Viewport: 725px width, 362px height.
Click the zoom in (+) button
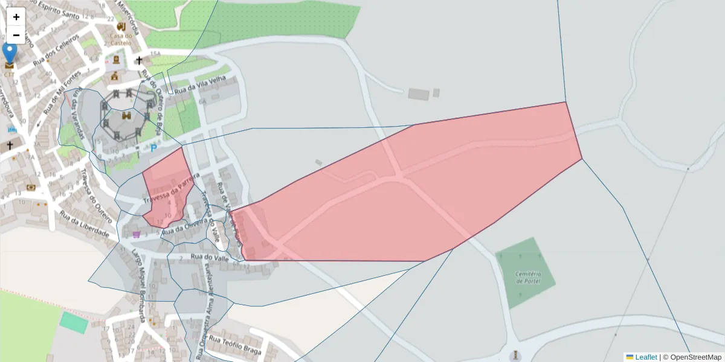tap(16, 17)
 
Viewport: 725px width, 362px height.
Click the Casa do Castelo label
tap(121, 39)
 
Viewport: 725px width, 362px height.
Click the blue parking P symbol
tap(153, 147)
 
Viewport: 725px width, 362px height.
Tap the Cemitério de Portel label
tap(527, 278)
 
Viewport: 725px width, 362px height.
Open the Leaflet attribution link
tap(645, 357)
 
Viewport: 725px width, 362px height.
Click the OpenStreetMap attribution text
tap(692, 357)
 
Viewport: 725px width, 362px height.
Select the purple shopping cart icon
tap(137, 234)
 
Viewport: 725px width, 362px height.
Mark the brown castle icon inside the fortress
tap(127, 115)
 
